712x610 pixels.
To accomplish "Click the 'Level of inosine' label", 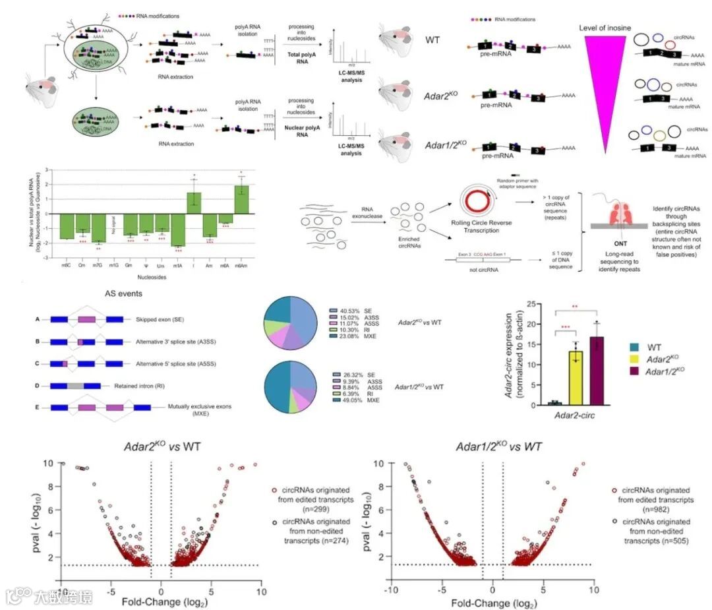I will pos(605,28).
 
